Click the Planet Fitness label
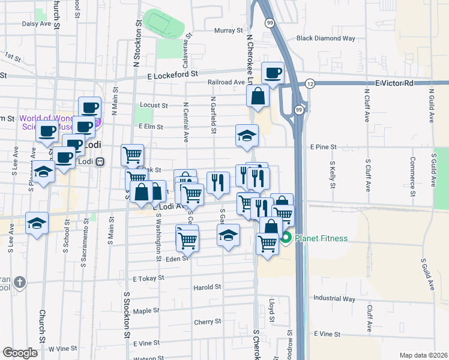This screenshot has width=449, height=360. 321,239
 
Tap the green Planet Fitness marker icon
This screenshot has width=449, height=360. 286,238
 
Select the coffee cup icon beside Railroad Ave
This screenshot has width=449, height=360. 273,73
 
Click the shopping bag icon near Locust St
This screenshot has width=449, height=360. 258,96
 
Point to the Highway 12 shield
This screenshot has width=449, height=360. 310,83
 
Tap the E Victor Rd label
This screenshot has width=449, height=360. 395,83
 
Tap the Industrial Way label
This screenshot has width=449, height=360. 334,298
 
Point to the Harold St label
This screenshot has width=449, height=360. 208,287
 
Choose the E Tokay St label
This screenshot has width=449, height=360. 149,279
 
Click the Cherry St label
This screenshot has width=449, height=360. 208,322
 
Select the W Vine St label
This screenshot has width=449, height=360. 63,349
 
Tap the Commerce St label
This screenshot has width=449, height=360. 412,172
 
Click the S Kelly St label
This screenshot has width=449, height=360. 332,172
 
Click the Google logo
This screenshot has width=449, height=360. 20,353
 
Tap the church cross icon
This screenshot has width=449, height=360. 19,281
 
